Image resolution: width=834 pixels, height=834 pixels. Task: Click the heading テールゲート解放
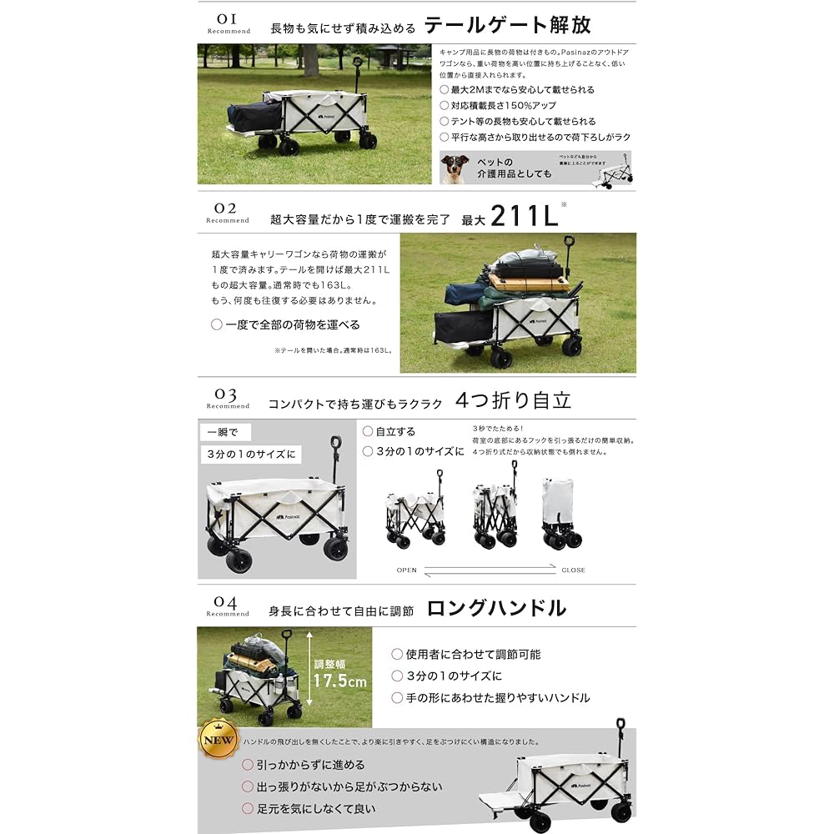tap(507, 25)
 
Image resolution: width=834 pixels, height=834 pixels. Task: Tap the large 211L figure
tap(523, 216)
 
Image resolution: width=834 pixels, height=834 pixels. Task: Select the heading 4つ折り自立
tap(513, 400)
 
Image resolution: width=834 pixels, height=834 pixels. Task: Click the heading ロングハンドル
tap(496, 608)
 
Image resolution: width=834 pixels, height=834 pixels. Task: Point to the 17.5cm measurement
tap(339, 681)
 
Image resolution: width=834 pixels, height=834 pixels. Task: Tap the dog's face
tap(455, 168)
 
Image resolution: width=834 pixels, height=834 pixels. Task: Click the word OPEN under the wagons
tap(407, 570)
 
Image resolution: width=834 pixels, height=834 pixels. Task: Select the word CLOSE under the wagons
tap(573, 570)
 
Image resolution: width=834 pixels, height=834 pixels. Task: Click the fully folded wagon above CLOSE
tap(560, 514)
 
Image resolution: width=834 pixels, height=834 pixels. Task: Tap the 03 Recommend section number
tap(228, 398)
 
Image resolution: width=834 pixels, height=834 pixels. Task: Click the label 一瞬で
tap(224, 433)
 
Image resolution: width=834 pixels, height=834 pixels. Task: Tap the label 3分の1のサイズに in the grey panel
tap(252, 455)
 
